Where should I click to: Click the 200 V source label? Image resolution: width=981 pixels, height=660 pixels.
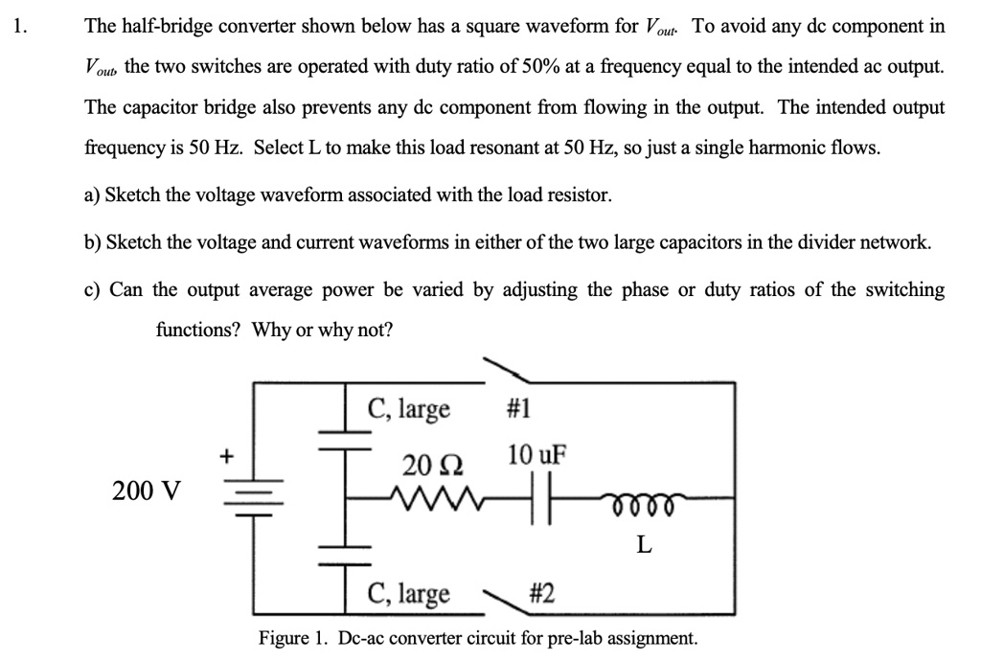[146, 491]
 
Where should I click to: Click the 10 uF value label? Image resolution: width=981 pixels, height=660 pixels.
[536, 453]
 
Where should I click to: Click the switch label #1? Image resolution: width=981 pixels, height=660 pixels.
[516, 409]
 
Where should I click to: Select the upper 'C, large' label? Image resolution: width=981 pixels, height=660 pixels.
[409, 409]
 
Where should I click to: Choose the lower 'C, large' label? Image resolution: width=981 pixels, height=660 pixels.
[409, 594]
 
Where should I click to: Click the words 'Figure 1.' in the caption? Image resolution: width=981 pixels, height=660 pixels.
[292, 638]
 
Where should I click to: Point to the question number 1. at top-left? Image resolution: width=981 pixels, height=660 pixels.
[22, 27]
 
